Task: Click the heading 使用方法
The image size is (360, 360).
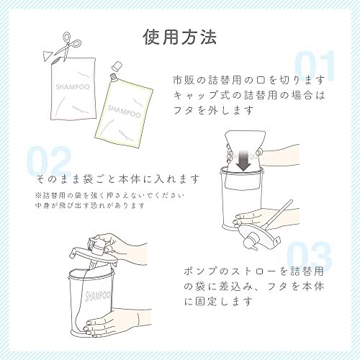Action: tap(179, 36)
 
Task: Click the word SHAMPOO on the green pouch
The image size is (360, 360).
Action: tap(122, 109)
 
